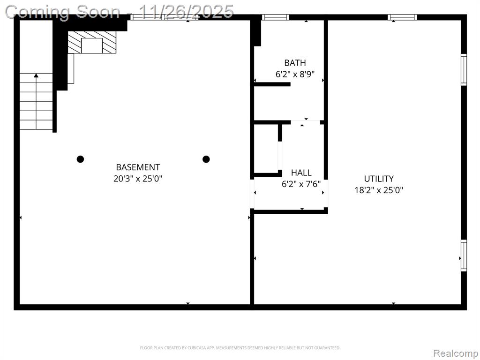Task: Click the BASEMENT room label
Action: click(138, 167)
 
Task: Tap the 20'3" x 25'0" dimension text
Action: click(138, 179)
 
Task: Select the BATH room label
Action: click(295, 63)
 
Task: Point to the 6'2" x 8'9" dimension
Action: click(295, 74)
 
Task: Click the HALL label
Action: click(301, 172)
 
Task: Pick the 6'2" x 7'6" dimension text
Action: click(301, 184)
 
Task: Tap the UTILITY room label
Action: click(379, 179)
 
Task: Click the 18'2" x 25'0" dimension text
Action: click(379, 190)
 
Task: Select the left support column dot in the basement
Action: click(80, 159)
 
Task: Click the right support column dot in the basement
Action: click(206, 159)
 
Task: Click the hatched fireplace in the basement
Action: click(92, 42)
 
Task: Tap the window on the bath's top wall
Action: click(275, 17)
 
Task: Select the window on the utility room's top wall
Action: click(402, 17)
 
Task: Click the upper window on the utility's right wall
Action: click(464, 69)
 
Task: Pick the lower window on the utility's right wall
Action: click(464, 255)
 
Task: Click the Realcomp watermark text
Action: click(455, 353)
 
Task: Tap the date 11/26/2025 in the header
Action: click(187, 12)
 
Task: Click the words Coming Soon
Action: click(63, 12)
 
